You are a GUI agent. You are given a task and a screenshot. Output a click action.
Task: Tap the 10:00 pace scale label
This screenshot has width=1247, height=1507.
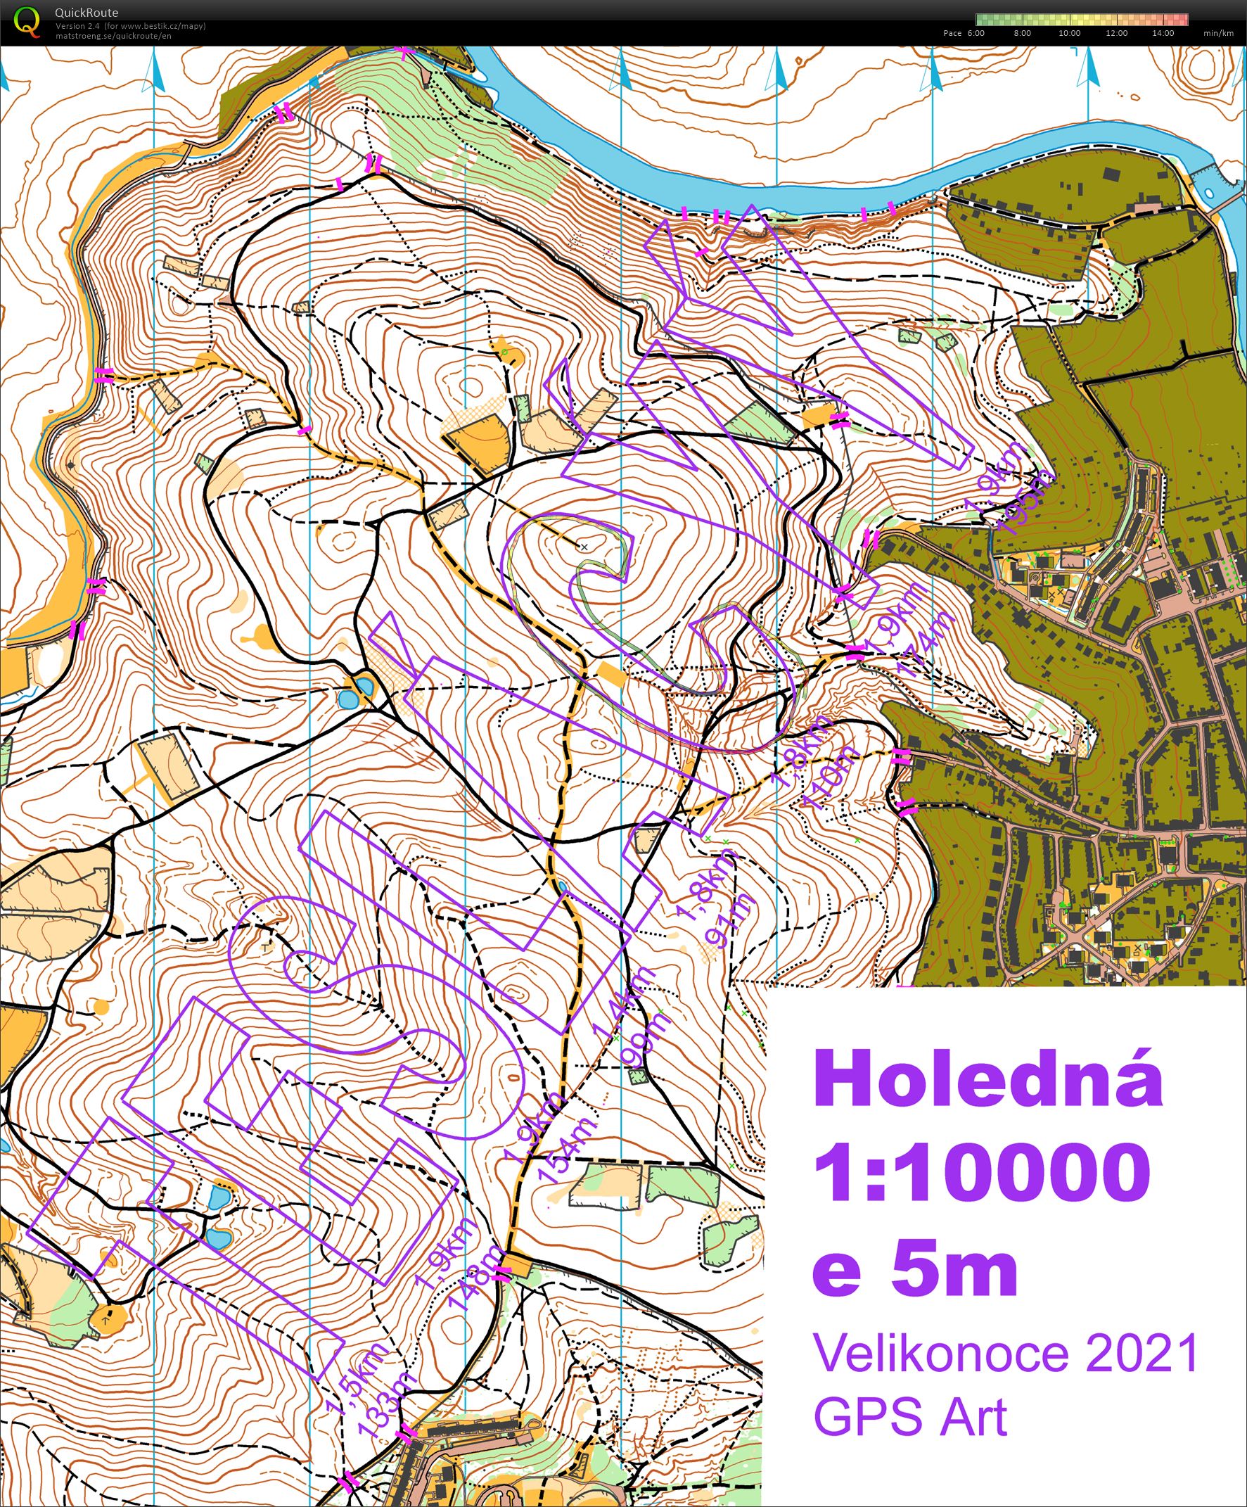tap(1069, 33)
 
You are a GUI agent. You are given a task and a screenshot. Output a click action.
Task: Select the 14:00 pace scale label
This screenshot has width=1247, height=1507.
tap(1163, 33)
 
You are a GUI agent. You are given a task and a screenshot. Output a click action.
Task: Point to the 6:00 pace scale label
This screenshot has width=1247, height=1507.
tap(976, 33)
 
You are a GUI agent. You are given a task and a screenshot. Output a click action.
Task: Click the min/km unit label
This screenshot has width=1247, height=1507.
tap(1219, 33)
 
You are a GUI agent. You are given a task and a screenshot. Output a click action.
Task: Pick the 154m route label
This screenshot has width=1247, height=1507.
tap(570, 1155)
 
